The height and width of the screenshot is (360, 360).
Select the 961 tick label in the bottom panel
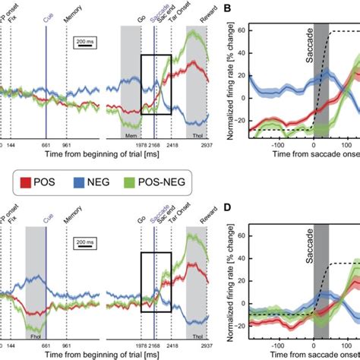(67, 345)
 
